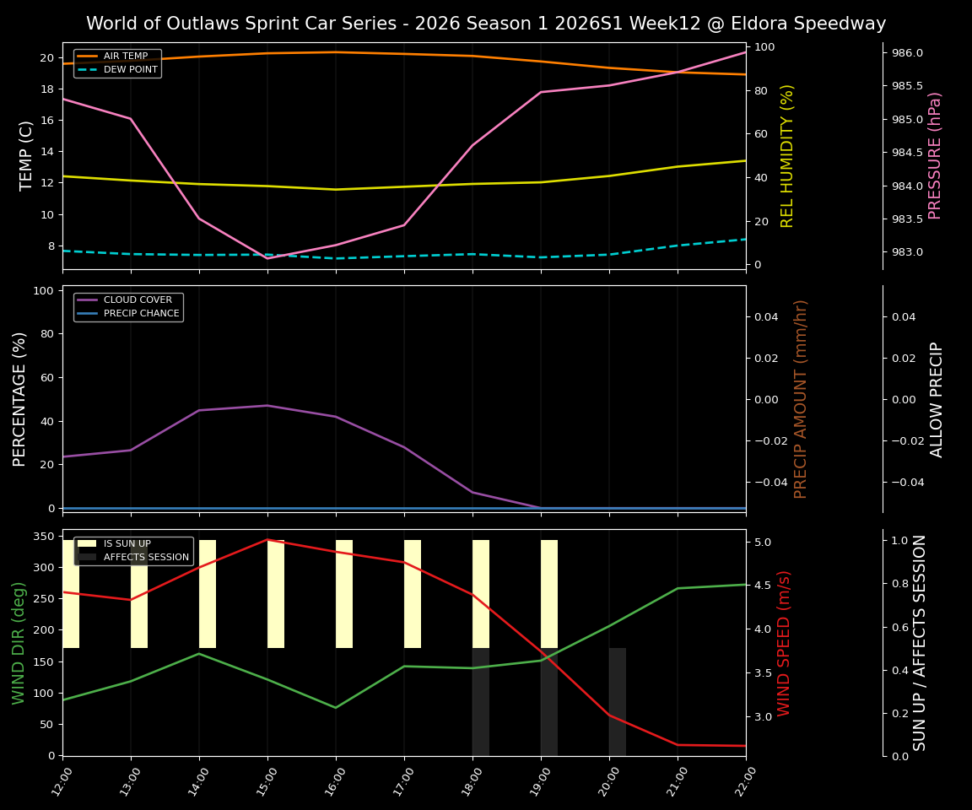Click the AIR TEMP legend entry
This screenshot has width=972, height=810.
[125, 57]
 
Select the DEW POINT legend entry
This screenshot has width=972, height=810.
[130, 70]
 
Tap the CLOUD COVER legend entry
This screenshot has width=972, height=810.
[138, 300]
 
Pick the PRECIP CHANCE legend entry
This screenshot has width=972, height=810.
[141, 314]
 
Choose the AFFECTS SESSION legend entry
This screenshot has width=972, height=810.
[146, 558]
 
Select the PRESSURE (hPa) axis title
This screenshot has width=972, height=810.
[935, 155]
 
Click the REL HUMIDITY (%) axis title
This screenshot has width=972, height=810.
[787, 155]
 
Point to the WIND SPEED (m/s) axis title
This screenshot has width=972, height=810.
[785, 643]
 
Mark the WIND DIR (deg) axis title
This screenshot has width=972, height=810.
[19, 643]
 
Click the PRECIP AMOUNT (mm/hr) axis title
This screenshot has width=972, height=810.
[801, 398]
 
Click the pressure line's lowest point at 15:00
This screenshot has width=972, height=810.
[267, 258]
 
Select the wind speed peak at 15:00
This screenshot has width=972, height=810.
[267, 539]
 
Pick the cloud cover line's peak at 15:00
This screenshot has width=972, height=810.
[267, 406]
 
